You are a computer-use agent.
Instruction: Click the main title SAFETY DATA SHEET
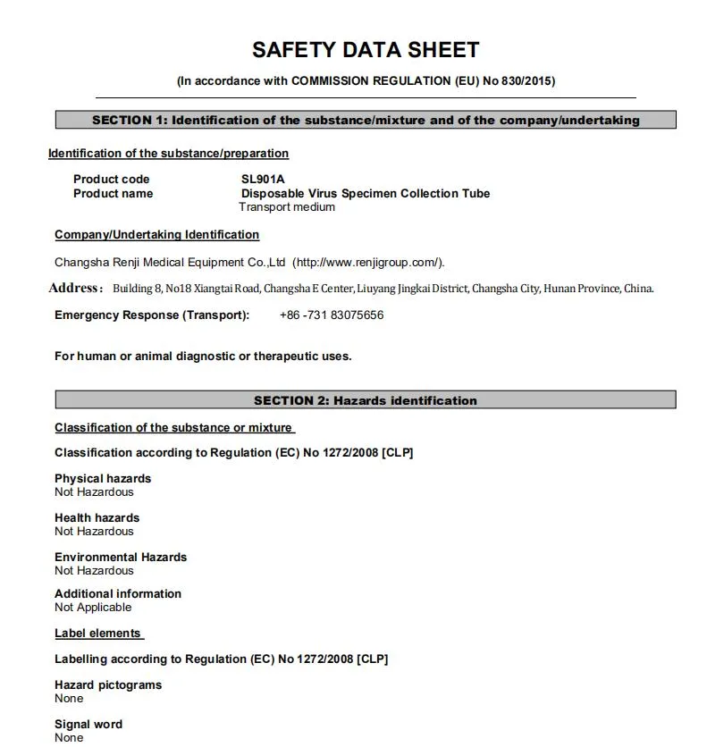[366, 50]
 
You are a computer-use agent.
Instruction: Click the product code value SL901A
[263, 179]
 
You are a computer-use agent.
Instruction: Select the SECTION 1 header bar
[366, 120]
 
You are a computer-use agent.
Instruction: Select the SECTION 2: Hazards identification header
[366, 400]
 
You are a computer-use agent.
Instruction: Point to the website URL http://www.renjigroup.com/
[367, 262]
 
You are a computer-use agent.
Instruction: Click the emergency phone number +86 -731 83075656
[332, 315]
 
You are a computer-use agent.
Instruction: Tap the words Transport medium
[287, 207]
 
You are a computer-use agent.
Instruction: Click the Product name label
[113, 193]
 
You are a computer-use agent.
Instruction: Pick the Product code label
[111, 179]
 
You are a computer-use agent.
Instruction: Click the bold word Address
[74, 288]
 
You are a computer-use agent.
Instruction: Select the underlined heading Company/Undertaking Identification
[156, 235]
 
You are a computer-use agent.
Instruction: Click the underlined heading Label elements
[97, 633]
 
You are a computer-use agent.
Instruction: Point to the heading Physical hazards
[103, 478]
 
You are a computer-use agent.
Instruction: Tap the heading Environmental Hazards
[121, 557]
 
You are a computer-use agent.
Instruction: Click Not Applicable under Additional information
[93, 608]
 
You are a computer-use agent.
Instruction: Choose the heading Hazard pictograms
[108, 684]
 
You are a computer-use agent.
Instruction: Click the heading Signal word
[88, 724]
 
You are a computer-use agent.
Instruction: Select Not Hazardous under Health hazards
[94, 532]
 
